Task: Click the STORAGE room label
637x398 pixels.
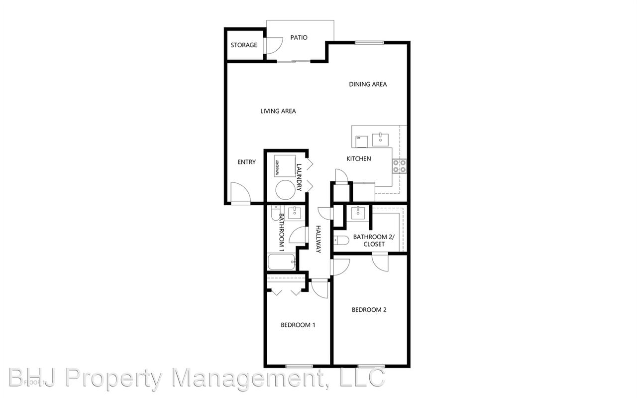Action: coord(244,45)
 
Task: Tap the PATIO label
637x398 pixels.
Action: coord(299,37)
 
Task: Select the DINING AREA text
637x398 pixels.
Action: coord(368,84)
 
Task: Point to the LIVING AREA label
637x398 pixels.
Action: coord(278,111)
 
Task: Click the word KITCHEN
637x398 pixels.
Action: coord(359,159)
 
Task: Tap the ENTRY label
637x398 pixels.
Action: coord(246,162)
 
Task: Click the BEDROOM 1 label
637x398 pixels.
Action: coord(298,325)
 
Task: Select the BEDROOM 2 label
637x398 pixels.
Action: coord(369,310)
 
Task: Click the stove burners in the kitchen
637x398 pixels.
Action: coord(399,165)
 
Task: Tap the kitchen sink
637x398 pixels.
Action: coord(381,139)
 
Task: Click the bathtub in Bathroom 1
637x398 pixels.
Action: coord(282,262)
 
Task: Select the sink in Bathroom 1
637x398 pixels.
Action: coord(295,213)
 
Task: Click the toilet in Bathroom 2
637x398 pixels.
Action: coord(341,240)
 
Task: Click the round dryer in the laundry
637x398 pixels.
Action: coord(286,190)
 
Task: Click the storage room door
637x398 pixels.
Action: coord(273,46)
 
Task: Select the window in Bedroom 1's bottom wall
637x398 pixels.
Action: coord(299,367)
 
